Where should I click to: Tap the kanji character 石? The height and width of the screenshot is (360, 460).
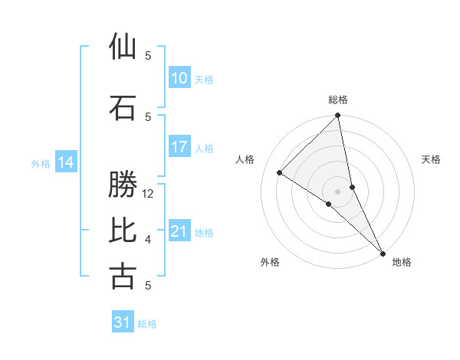pos(123,107)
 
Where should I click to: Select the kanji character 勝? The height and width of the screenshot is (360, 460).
pos(123,185)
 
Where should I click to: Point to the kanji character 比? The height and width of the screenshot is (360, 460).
pos(123,231)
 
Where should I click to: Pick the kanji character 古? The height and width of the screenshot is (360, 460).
pos(123,276)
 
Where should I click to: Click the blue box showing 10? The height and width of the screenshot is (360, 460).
pos(179,78)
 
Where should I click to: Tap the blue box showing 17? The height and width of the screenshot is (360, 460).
pos(179,148)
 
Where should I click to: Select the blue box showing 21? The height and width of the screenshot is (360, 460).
pos(179,232)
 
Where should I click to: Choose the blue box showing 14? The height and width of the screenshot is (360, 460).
pos(66,162)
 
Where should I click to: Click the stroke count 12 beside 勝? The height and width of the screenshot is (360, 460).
pos(149,194)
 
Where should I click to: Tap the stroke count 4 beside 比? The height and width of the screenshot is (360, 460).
pos(148,240)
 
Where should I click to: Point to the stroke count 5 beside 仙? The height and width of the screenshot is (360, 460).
pos(148,55)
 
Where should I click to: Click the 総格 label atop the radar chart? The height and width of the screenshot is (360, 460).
pos(338,100)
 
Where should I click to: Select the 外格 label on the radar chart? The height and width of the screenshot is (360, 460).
pos(270,262)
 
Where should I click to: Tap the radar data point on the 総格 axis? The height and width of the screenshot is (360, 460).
pos(338,116)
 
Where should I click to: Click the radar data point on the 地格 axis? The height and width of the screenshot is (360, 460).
pos(381,253)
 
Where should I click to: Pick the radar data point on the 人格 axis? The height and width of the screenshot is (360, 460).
pos(280,173)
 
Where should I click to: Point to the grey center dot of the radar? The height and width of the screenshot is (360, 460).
pos(337,191)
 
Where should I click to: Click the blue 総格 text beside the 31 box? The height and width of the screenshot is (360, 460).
pos(147,324)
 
